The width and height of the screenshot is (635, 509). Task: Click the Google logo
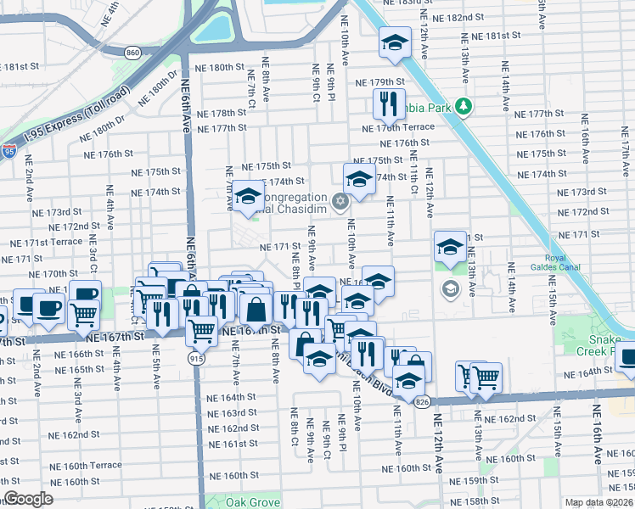pos(28,499)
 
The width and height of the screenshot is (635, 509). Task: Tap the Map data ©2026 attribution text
pos(599,502)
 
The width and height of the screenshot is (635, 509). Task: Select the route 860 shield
pos(132,53)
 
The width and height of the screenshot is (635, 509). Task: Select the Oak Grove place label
pos(252,502)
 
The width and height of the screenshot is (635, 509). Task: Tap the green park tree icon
pos(463,106)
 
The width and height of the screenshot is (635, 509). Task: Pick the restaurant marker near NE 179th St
pos(389,103)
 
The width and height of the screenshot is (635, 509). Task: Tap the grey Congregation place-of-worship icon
pos(340,201)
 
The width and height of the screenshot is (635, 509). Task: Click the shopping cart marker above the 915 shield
pos(201,329)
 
